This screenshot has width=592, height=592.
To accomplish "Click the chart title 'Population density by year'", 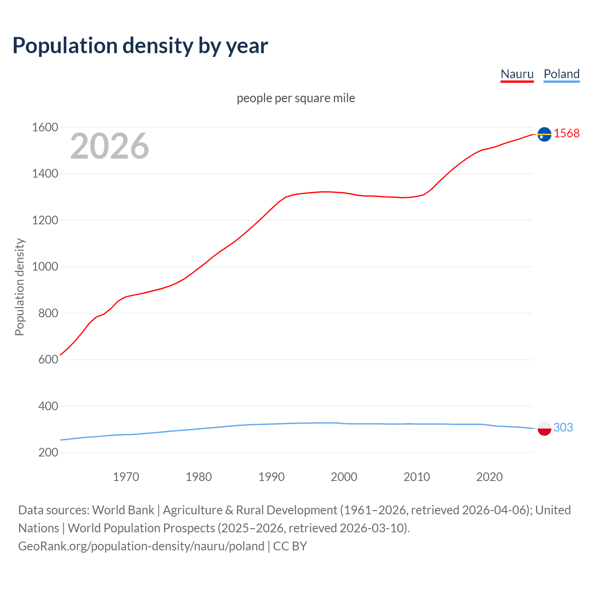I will tap(140, 46).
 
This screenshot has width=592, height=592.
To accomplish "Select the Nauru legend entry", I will tap(517, 74).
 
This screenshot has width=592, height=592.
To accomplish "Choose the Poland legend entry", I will tap(561, 74).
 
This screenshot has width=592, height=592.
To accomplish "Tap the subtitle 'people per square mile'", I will tap(296, 98).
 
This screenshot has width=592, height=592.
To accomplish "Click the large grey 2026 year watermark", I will tap(110, 146).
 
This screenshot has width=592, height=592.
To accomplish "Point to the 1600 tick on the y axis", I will tap(45, 127).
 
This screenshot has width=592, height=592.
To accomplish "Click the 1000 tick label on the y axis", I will tap(45, 267).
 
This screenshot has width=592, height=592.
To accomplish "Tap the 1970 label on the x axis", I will tap(126, 477).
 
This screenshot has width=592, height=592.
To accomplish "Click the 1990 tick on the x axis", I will tap(271, 477).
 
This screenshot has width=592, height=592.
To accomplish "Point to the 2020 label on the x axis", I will tap(489, 477).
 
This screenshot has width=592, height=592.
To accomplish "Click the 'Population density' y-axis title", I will tap(19, 287).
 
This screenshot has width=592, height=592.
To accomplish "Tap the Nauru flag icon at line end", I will tap(544, 134).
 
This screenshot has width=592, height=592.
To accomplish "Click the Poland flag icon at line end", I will tap(544, 428).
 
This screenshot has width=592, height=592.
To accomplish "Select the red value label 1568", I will tap(567, 133).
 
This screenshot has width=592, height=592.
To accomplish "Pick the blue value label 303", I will tap(563, 427).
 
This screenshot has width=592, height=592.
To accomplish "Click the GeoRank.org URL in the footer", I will tap(141, 546).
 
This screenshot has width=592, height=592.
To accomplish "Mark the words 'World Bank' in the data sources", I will tap(123, 510).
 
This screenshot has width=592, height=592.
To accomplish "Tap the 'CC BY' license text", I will tap(290, 546).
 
